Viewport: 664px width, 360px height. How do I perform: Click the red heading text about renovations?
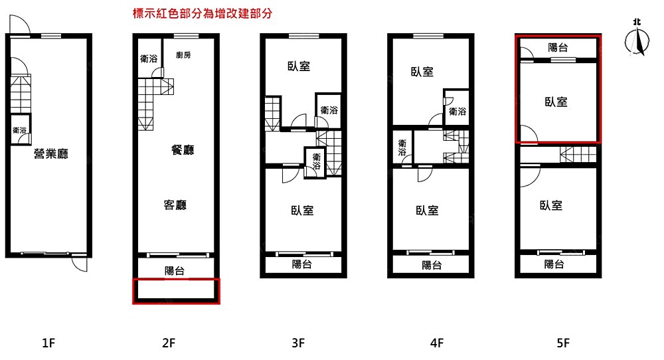tap(203, 13)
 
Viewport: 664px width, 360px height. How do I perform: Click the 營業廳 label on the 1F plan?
tap(51, 153)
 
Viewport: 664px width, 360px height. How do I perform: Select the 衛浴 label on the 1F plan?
tap(19, 130)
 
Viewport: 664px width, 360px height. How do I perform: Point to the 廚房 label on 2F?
tap(183, 54)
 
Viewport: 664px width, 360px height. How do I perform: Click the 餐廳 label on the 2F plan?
tap(183, 149)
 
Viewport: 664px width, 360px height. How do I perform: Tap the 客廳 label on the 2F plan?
tap(175, 205)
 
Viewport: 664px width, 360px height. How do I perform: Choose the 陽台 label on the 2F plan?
tap(175, 270)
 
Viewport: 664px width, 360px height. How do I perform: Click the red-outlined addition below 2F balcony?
tap(176, 291)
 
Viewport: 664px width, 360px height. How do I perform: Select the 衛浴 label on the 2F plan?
tap(149, 58)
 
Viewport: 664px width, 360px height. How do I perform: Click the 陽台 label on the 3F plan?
tap(302, 264)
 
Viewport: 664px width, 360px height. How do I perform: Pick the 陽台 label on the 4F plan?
tap(432, 265)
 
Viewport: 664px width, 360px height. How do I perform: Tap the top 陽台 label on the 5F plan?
tap(558, 47)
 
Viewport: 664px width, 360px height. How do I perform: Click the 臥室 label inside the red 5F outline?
tap(556, 102)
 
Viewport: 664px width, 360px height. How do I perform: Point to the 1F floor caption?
tap(48, 343)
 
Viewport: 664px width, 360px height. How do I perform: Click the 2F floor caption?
tap(169, 343)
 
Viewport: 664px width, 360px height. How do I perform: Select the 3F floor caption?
tap(298, 343)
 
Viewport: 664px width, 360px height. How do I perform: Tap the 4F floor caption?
tap(437, 343)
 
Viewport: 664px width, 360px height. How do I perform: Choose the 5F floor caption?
tap(563, 343)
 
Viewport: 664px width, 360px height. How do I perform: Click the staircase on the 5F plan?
tap(578, 154)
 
